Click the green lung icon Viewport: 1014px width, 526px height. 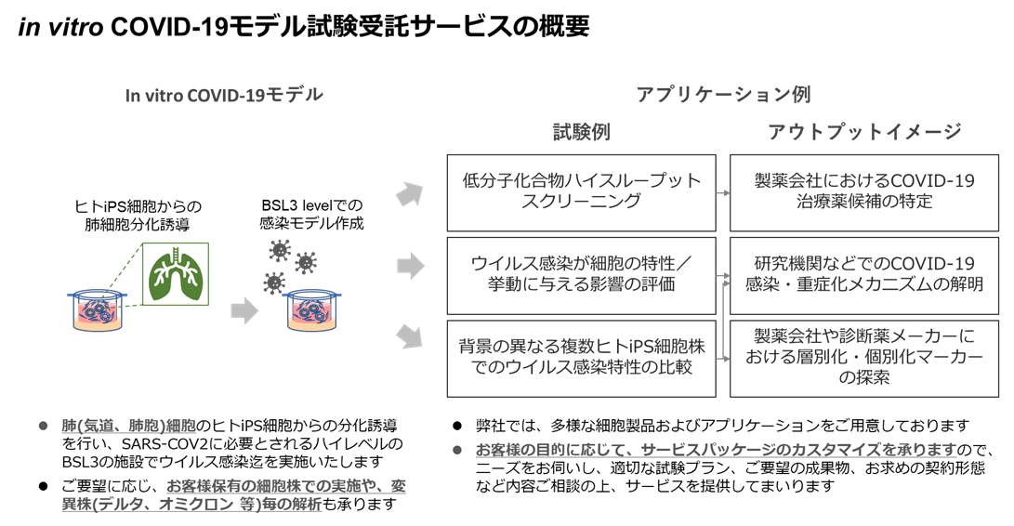(x=176, y=275)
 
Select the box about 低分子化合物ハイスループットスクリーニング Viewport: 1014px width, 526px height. (x=581, y=191)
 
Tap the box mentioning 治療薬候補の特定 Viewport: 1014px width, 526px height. (x=864, y=191)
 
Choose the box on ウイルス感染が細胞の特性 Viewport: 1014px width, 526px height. (x=581, y=275)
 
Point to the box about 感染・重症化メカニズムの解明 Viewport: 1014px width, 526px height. (x=864, y=275)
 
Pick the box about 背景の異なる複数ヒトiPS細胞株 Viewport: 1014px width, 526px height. (x=581, y=358)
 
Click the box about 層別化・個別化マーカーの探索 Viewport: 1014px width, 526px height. (x=864, y=358)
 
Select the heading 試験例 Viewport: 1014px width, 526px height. (x=582, y=132)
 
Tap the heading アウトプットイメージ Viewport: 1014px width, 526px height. (x=864, y=132)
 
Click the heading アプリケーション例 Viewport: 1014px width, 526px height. (x=723, y=94)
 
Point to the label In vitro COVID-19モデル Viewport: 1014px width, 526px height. (x=224, y=95)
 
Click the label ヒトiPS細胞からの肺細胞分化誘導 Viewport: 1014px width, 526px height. (x=138, y=215)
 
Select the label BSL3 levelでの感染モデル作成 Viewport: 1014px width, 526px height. (x=311, y=215)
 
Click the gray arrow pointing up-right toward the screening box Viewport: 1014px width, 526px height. (x=409, y=195)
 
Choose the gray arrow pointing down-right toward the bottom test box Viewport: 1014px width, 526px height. (x=409, y=336)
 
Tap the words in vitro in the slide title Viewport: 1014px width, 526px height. (x=59, y=27)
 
